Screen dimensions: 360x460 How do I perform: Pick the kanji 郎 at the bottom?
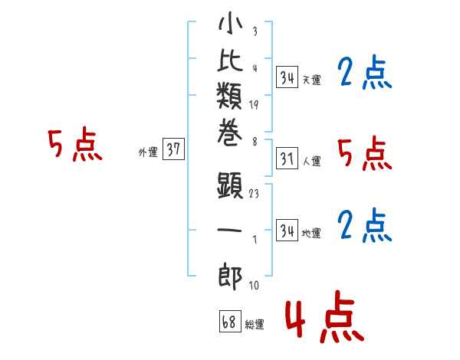(x=230, y=273)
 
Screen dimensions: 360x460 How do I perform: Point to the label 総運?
(x=255, y=325)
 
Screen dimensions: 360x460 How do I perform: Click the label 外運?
(x=148, y=152)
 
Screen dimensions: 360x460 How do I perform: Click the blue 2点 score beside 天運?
(x=364, y=74)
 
